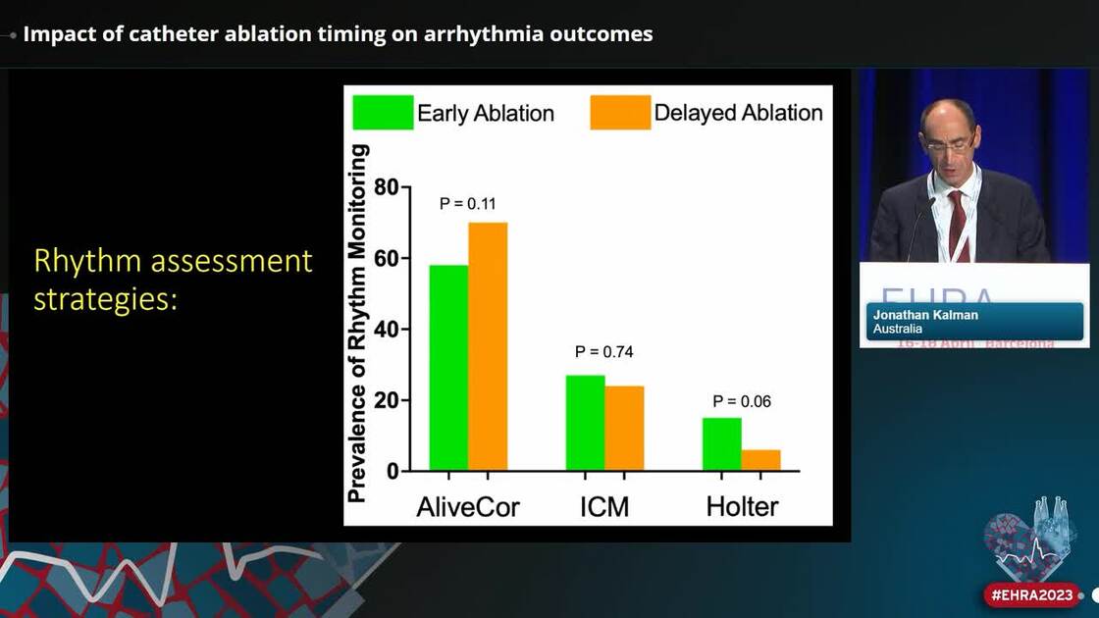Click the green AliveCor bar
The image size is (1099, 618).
click(x=448, y=368)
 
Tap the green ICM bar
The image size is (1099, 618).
click(x=585, y=423)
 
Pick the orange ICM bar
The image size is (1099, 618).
click(x=624, y=428)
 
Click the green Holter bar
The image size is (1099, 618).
click(x=721, y=444)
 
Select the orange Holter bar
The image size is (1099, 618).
click(x=760, y=460)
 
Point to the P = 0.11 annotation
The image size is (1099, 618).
click(x=468, y=204)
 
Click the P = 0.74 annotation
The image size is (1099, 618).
click(x=604, y=351)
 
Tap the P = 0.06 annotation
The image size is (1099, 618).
click(x=741, y=400)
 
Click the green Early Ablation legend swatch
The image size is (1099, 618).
click(x=383, y=113)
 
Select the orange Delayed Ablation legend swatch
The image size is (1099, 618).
click(x=620, y=113)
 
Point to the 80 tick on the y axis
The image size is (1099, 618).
click(x=386, y=187)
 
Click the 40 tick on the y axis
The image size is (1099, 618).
click(x=386, y=330)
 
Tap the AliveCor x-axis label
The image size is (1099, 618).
click(x=468, y=506)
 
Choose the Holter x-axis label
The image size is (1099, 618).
click(x=742, y=506)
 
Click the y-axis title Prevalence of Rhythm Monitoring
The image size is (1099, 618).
click(x=358, y=324)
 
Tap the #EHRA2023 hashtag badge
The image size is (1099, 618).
click(x=1031, y=594)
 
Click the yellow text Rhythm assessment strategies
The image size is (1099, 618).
click(x=173, y=280)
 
